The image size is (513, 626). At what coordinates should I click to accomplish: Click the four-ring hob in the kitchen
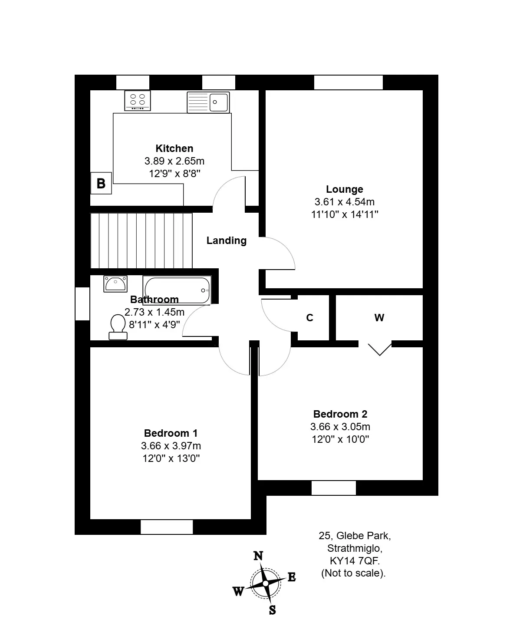138,101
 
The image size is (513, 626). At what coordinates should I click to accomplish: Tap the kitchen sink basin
219,102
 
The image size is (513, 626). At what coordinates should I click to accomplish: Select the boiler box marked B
101,183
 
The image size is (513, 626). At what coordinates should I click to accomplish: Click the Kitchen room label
174,148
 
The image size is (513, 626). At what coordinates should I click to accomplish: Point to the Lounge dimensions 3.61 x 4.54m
345,202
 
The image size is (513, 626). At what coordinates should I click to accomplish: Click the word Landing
227,241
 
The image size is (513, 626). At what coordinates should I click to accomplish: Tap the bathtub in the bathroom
177,290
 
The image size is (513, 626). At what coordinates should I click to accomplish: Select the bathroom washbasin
115,284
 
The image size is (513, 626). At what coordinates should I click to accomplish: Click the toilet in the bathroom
118,327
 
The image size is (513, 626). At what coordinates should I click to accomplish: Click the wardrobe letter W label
379,318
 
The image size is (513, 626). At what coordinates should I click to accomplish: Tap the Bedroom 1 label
171,433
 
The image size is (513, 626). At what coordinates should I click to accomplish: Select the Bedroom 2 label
340,414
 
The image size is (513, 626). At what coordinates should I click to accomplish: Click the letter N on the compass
258,556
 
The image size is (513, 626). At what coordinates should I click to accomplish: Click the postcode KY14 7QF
355,561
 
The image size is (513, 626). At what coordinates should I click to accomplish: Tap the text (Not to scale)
353,573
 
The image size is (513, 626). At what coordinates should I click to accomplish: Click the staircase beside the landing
141,241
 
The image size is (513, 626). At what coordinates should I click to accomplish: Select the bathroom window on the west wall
82,303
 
